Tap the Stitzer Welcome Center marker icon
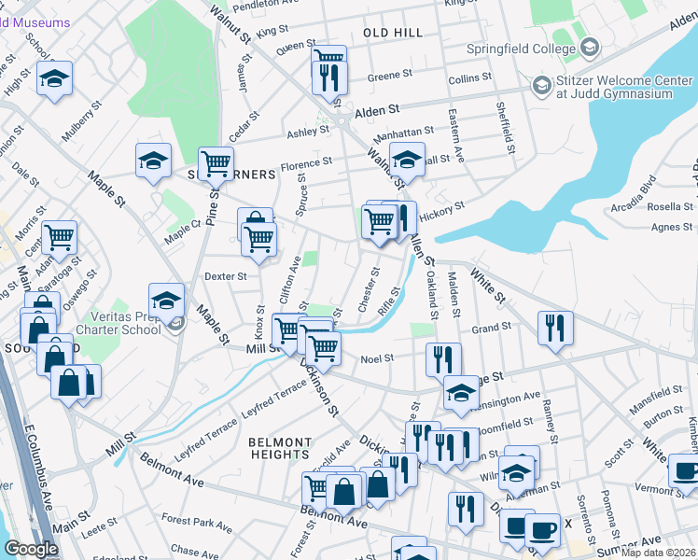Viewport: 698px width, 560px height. tap(540, 86)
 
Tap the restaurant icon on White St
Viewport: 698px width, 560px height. tap(555, 328)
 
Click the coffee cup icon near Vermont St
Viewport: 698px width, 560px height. tap(686, 469)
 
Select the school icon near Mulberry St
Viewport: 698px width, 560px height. tap(55, 78)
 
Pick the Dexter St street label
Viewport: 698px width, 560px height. tap(225, 276)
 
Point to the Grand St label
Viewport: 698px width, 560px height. tap(492, 329)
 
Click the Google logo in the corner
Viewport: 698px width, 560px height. tap(31, 549)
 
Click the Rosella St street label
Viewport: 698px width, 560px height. tap(670, 206)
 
